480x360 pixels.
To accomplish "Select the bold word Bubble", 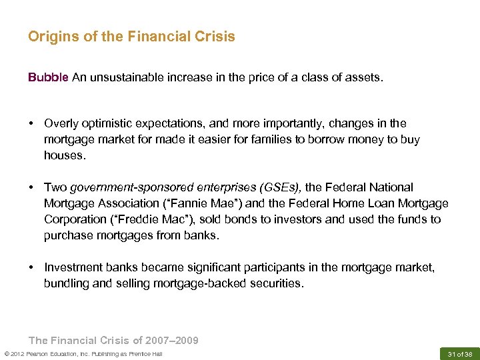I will pos(48,77).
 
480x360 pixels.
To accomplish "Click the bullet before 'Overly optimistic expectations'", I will pos(31,123).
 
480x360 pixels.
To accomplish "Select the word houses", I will pos(64,155).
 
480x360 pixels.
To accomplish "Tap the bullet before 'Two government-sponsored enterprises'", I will pos(31,187).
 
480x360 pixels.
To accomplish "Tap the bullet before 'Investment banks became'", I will pos(31,267).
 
